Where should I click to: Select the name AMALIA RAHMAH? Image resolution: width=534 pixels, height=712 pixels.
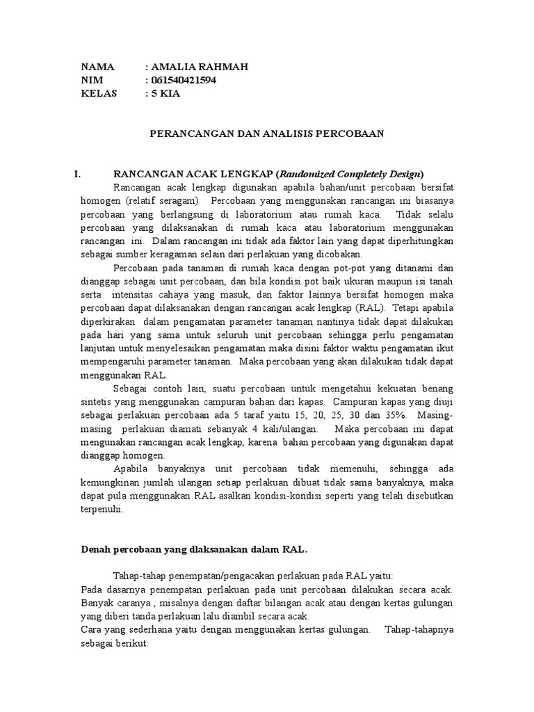coord(199,67)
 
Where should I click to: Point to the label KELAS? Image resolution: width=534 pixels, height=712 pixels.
coord(99,93)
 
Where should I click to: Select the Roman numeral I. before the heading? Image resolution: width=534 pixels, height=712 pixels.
coord(79,174)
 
